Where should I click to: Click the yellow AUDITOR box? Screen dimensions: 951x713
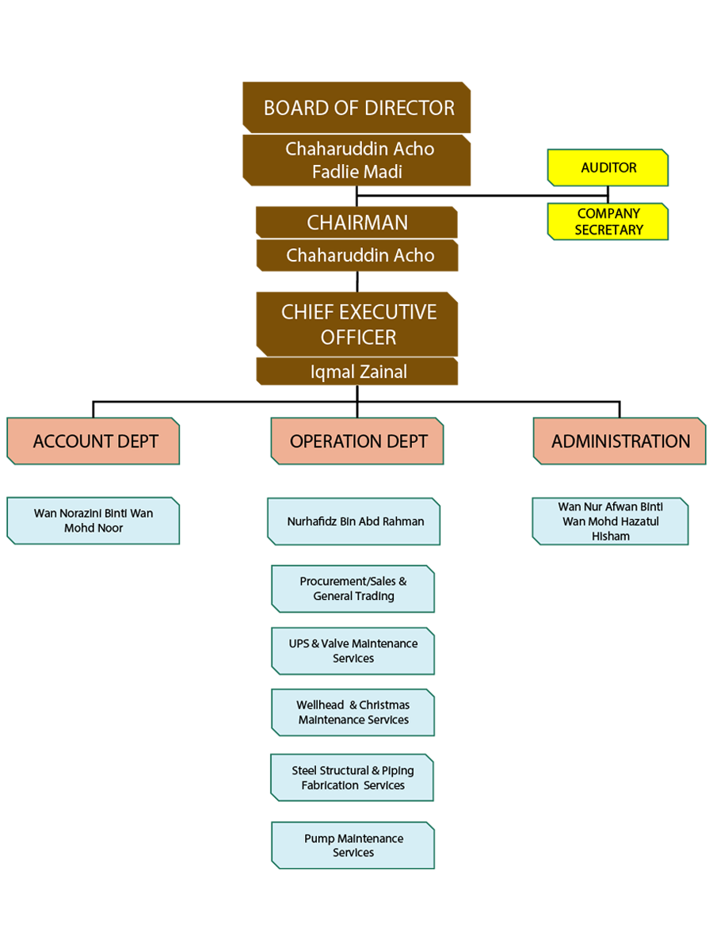coord(608,168)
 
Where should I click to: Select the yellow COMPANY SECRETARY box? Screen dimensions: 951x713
coord(608,222)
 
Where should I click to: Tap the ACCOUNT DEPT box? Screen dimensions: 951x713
coord(93,441)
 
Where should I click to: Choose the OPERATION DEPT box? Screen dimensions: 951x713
coord(357,441)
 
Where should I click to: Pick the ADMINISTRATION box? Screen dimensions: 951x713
coord(620,441)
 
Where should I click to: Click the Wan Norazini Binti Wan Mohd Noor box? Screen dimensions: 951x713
coord(93,521)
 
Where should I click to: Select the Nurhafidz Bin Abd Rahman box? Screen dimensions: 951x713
coord(354,521)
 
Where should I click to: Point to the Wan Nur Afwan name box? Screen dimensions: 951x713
coord(610,521)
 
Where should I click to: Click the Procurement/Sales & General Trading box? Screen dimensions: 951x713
coord(353,589)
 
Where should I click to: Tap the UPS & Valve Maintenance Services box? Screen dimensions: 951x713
coord(353,651)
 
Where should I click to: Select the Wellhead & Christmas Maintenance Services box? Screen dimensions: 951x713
coord(353,712)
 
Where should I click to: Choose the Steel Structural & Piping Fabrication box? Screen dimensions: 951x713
coord(353,777)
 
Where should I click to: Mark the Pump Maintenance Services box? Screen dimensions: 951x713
coord(353,846)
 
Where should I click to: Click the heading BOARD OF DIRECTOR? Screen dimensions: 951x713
coord(359,108)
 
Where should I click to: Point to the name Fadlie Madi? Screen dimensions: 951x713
coord(357,171)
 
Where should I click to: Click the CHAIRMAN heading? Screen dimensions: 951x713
coord(357,223)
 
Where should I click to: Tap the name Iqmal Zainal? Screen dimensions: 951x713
coord(359,372)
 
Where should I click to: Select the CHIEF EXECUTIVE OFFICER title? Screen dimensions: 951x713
coord(359,324)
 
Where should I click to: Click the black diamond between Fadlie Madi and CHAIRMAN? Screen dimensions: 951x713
coord(356,195)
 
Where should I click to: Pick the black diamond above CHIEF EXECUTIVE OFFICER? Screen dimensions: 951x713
coord(357,281)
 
